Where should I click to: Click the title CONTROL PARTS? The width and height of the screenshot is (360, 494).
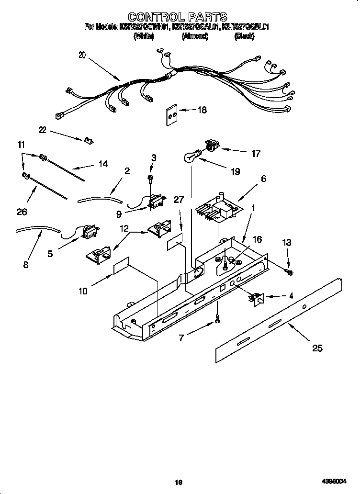(x=177, y=18)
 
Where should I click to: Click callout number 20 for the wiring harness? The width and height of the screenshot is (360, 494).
(x=82, y=55)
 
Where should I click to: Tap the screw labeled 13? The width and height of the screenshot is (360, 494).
(x=290, y=272)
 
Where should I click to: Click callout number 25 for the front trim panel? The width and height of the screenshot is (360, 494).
(x=317, y=348)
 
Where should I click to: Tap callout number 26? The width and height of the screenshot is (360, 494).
(x=22, y=211)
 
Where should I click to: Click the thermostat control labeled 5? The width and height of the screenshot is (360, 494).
(x=89, y=232)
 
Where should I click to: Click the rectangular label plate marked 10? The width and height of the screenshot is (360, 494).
(x=122, y=269)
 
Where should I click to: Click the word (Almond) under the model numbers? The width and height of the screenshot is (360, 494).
(x=195, y=36)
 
